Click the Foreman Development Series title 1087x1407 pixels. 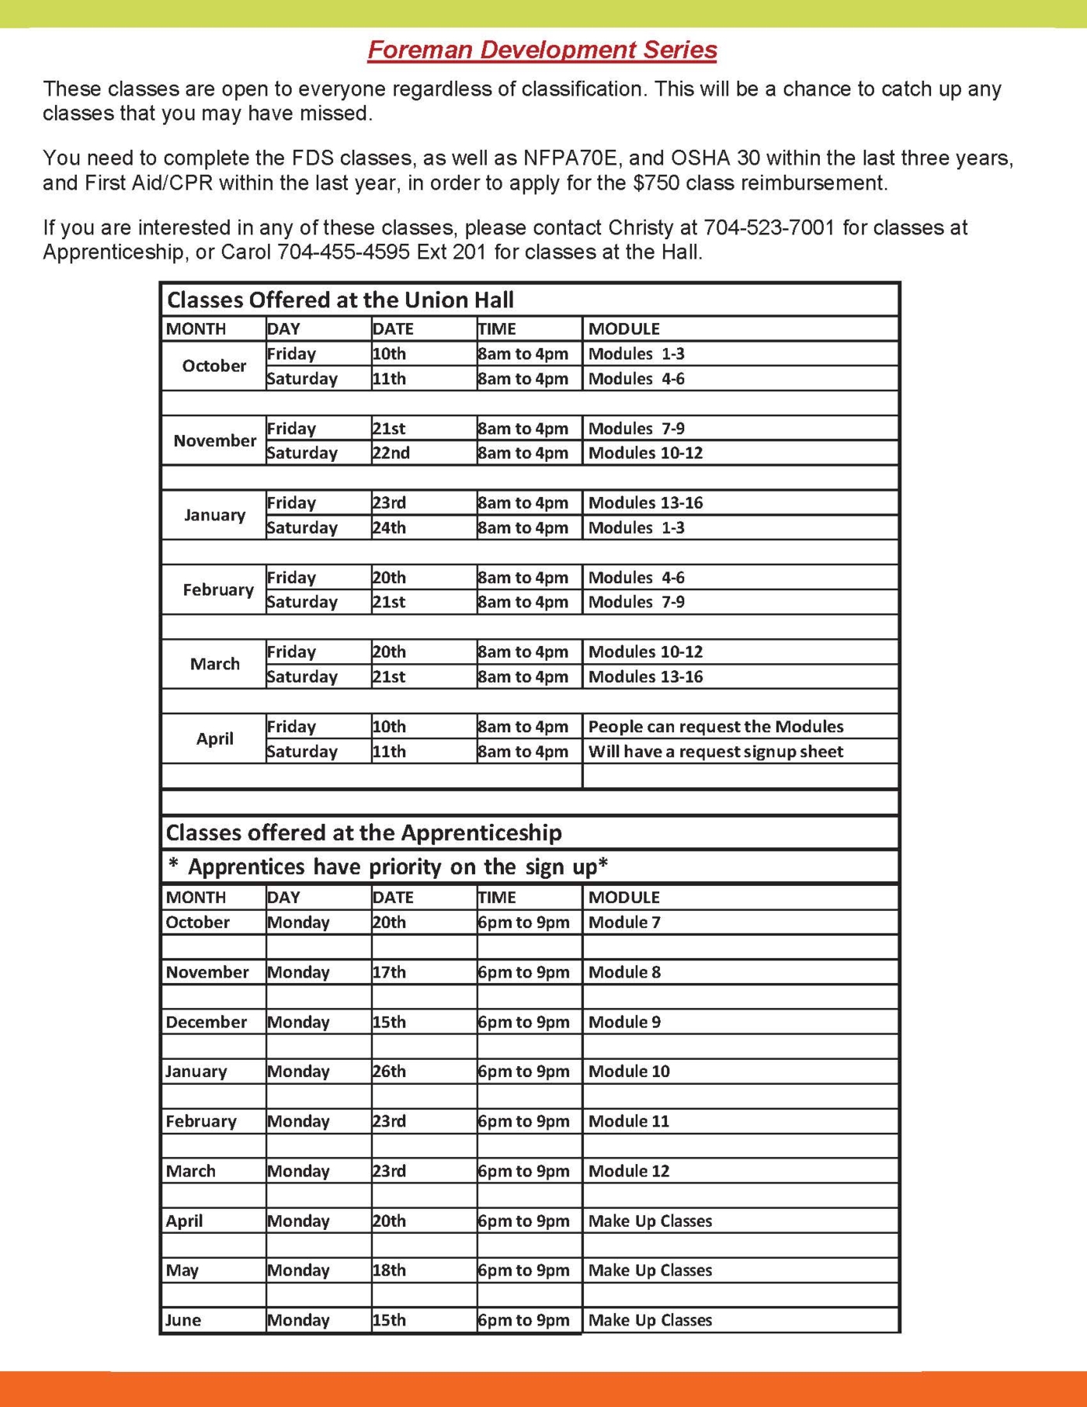click(542, 50)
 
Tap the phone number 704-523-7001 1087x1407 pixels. click(769, 228)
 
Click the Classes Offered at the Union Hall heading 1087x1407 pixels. click(340, 300)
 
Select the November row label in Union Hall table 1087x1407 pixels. click(214, 440)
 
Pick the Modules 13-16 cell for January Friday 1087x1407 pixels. click(645, 502)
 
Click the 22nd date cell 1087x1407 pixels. click(391, 453)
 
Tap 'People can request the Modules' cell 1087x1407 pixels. click(715, 726)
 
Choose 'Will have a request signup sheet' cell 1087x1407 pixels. click(715, 751)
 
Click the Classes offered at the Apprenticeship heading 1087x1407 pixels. click(363, 832)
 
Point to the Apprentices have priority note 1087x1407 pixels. click(388, 867)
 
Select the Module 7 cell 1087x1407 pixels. click(624, 922)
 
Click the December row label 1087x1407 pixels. click(206, 1022)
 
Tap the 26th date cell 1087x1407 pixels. click(388, 1071)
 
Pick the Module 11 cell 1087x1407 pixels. click(628, 1120)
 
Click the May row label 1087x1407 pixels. click(182, 1270)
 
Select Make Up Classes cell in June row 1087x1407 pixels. click(650, 1319)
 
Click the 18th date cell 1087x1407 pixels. click(388, 1270)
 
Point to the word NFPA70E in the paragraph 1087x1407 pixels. click(570, 158)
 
